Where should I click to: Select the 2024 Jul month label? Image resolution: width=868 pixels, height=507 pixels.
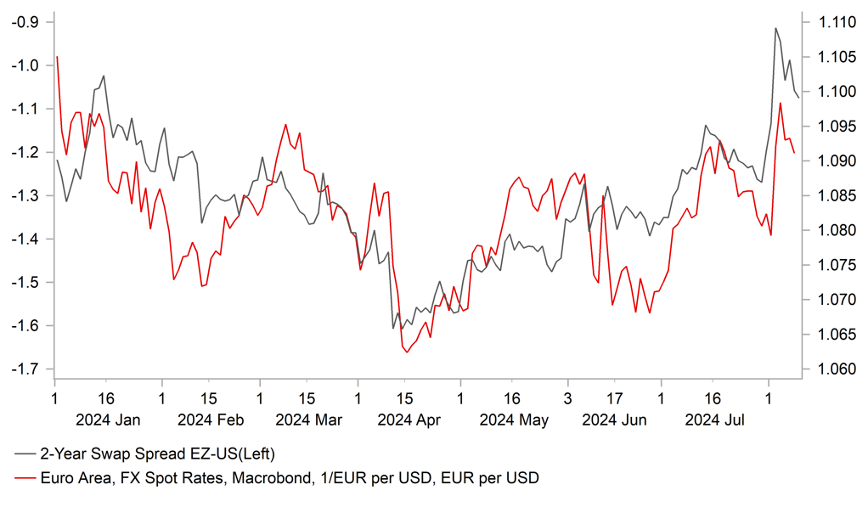coord(715,420)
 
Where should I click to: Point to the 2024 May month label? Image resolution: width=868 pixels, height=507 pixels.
coord(513,420)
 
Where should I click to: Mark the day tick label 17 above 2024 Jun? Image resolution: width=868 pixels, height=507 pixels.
coord(613,397)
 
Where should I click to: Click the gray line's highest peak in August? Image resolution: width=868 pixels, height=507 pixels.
coord(776,28)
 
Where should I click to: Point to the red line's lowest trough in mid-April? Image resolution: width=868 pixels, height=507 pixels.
coord(406,352)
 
